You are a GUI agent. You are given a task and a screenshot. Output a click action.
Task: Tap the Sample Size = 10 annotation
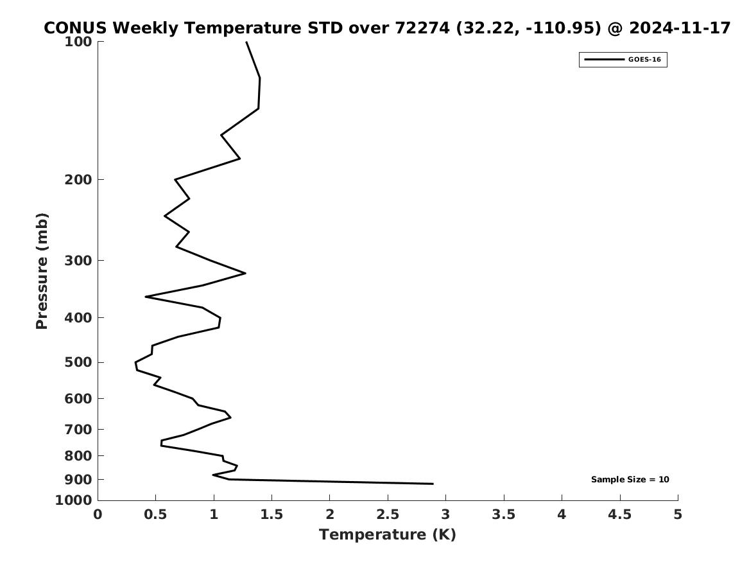point(630,480)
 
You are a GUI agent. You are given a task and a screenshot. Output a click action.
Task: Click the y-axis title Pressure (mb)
point(42,271)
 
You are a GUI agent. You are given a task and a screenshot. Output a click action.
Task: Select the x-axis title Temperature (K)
point(387,534)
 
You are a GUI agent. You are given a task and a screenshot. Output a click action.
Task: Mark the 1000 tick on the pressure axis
point(74,500)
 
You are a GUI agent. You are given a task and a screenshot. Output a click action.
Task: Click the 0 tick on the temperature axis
point(98,514)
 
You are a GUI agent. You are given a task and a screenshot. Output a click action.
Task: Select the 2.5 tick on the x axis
point(388,514)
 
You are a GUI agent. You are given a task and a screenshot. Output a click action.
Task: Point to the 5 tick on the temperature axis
point(678,514)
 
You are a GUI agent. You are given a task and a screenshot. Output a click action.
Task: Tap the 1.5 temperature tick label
point(271,514)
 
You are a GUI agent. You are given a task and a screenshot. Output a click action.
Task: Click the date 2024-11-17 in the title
point(680,28)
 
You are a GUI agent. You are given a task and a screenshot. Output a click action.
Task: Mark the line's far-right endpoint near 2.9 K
point(433,484)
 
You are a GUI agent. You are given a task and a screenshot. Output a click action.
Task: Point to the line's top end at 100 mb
point(246,42)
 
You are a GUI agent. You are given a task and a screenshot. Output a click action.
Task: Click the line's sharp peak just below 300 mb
point(245,273)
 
